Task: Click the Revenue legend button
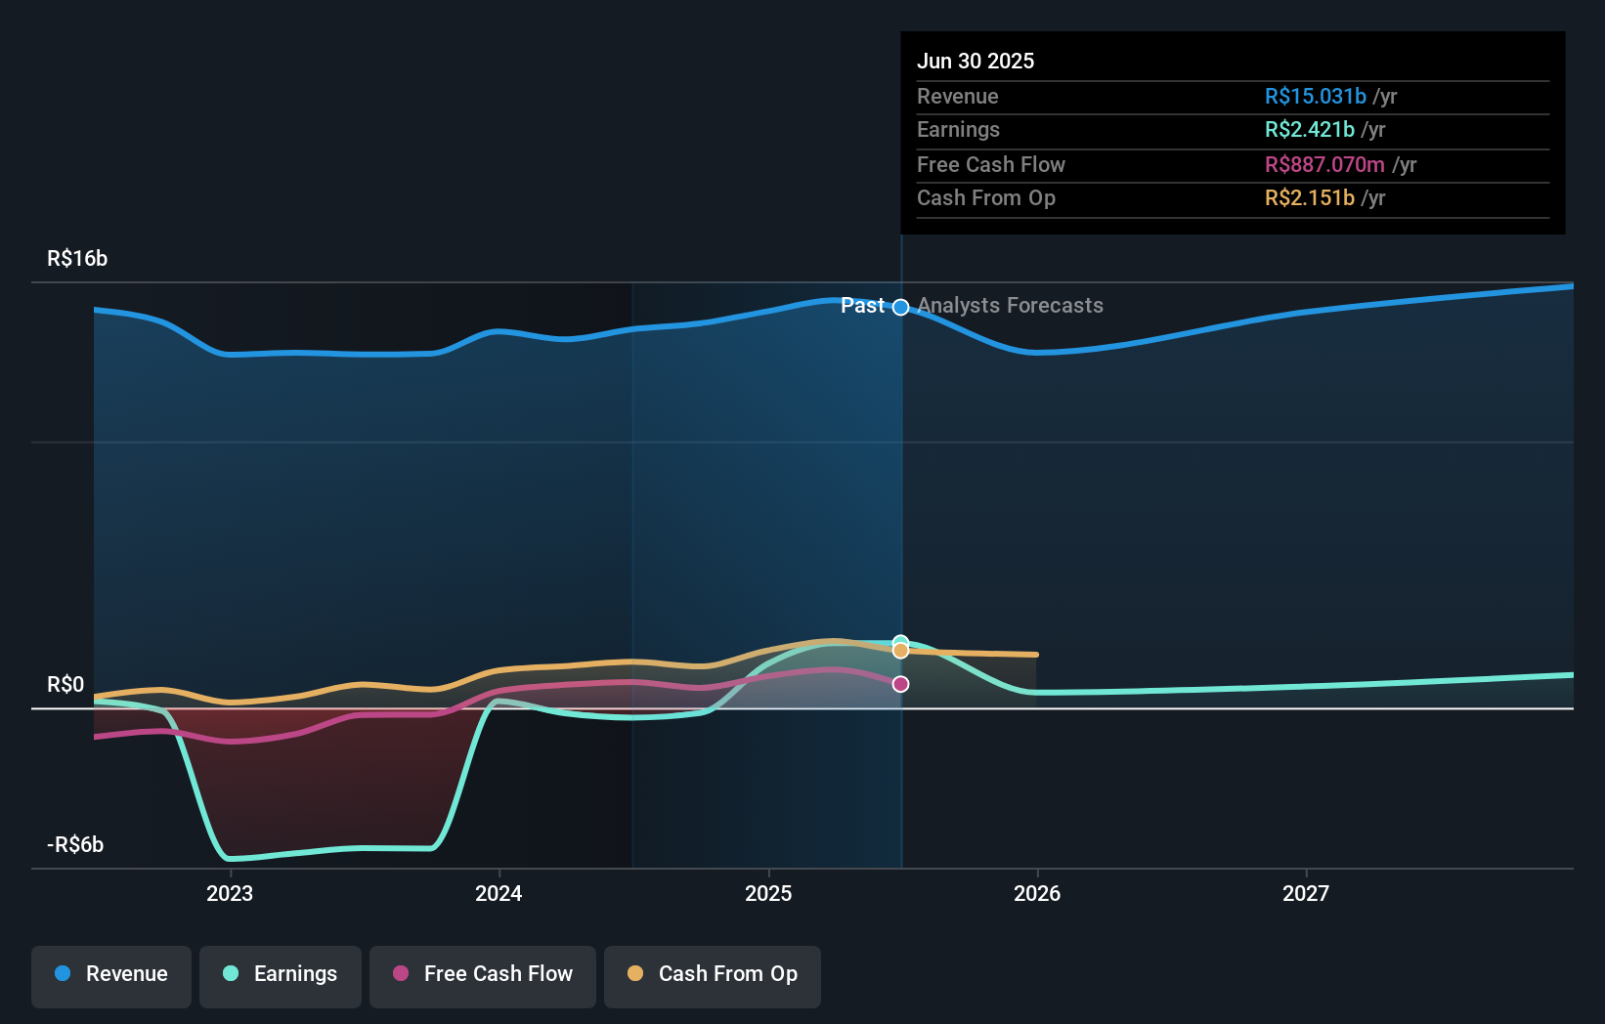click(111, 974)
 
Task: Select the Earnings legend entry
click(281, 974)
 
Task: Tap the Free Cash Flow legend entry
click(483, 974)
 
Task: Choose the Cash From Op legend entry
click(713, 974)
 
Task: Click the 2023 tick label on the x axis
click(230, 893)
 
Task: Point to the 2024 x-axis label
click(499, 893)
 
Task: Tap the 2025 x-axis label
click(768, 893)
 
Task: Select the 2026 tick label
click(1037, 893)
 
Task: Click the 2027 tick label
click(1306, 893)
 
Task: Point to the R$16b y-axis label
click(77, 259)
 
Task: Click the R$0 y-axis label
click(65, 685)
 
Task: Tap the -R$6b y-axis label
click(75, 845)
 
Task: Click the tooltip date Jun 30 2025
click(975, 61)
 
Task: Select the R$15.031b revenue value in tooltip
click(1315, 96)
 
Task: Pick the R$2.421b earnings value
click(1309, 130)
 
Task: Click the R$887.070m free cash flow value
click(1323, 164)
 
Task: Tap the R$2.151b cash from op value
click(1309, 198)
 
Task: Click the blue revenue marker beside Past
click(900, 307)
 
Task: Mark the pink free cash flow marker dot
click(900, 684)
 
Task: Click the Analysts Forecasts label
click(1010, 306)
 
